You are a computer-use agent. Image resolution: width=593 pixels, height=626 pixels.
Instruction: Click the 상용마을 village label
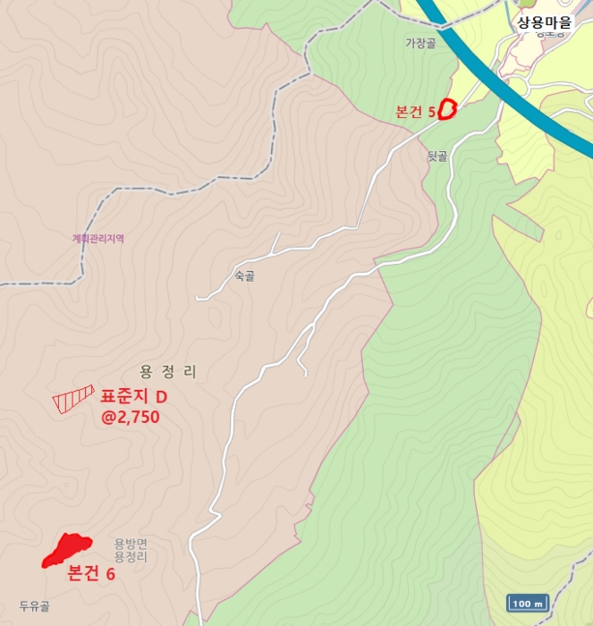coord(544,22)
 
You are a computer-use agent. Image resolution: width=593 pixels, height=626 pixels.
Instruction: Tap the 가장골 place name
coord(419,43)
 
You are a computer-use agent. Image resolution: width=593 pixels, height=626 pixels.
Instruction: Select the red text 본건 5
coord(415,113)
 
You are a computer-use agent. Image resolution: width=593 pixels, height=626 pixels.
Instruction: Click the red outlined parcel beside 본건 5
coord(447,109)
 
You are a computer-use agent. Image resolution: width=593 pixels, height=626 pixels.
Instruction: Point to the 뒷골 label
coord(436,156)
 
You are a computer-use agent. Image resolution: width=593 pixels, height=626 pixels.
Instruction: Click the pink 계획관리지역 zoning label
coord(98,239)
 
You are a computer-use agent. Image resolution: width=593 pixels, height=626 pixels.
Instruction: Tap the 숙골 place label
coord(244,277)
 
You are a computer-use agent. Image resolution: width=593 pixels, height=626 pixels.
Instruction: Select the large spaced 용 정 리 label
coord(168,372)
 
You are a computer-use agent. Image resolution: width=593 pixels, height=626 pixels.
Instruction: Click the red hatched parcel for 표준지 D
coord(73,398)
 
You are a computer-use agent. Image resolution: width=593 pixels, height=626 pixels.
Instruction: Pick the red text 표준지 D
coord(134,396)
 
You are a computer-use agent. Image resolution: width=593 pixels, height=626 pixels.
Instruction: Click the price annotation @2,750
coord(131,417)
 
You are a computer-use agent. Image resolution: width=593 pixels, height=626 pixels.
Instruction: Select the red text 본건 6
coord(91,574)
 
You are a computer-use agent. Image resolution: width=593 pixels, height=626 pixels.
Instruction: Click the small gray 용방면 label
coord(131,543)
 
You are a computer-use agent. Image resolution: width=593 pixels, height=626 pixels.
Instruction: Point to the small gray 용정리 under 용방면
coord(131,556)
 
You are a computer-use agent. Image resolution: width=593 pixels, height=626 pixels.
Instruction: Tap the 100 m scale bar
coord(527,604)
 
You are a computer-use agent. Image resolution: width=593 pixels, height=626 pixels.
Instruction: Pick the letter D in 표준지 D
coord(162,396)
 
